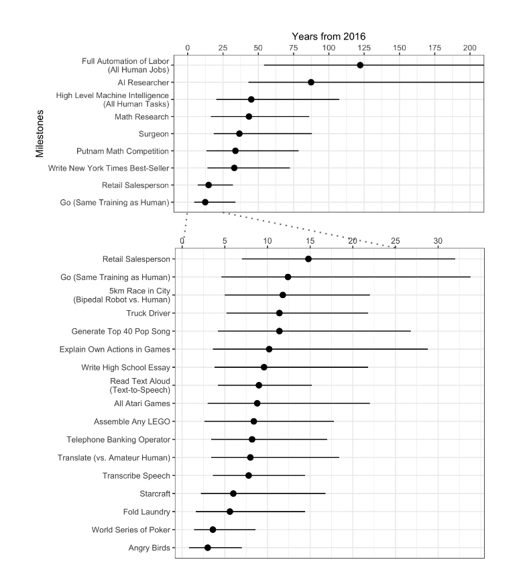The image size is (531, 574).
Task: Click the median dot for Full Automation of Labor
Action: (360, 65)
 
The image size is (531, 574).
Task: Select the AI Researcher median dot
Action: (311, 82)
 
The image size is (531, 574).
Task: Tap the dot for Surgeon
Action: (239, 134)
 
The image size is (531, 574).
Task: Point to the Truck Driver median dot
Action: (280, 313)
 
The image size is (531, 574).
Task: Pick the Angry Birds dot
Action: (208, 548)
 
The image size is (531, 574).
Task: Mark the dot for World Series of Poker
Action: (213, 530)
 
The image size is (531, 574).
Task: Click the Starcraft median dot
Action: (233, 493)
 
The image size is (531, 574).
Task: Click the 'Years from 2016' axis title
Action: (329, 36)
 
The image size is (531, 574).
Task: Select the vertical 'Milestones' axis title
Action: (41, 134)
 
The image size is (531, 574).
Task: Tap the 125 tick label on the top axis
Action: (364, 48)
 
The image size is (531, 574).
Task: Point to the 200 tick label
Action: (470, 48)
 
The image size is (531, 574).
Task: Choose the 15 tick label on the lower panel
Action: (310, 240)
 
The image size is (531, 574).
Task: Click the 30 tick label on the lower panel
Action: (438, 240)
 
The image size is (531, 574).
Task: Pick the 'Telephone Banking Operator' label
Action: (119, 440)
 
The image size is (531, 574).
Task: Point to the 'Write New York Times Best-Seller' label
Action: (107, 168)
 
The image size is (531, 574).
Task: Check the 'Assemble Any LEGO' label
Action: (132, 422)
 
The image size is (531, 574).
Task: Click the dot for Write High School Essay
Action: (264, 367)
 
